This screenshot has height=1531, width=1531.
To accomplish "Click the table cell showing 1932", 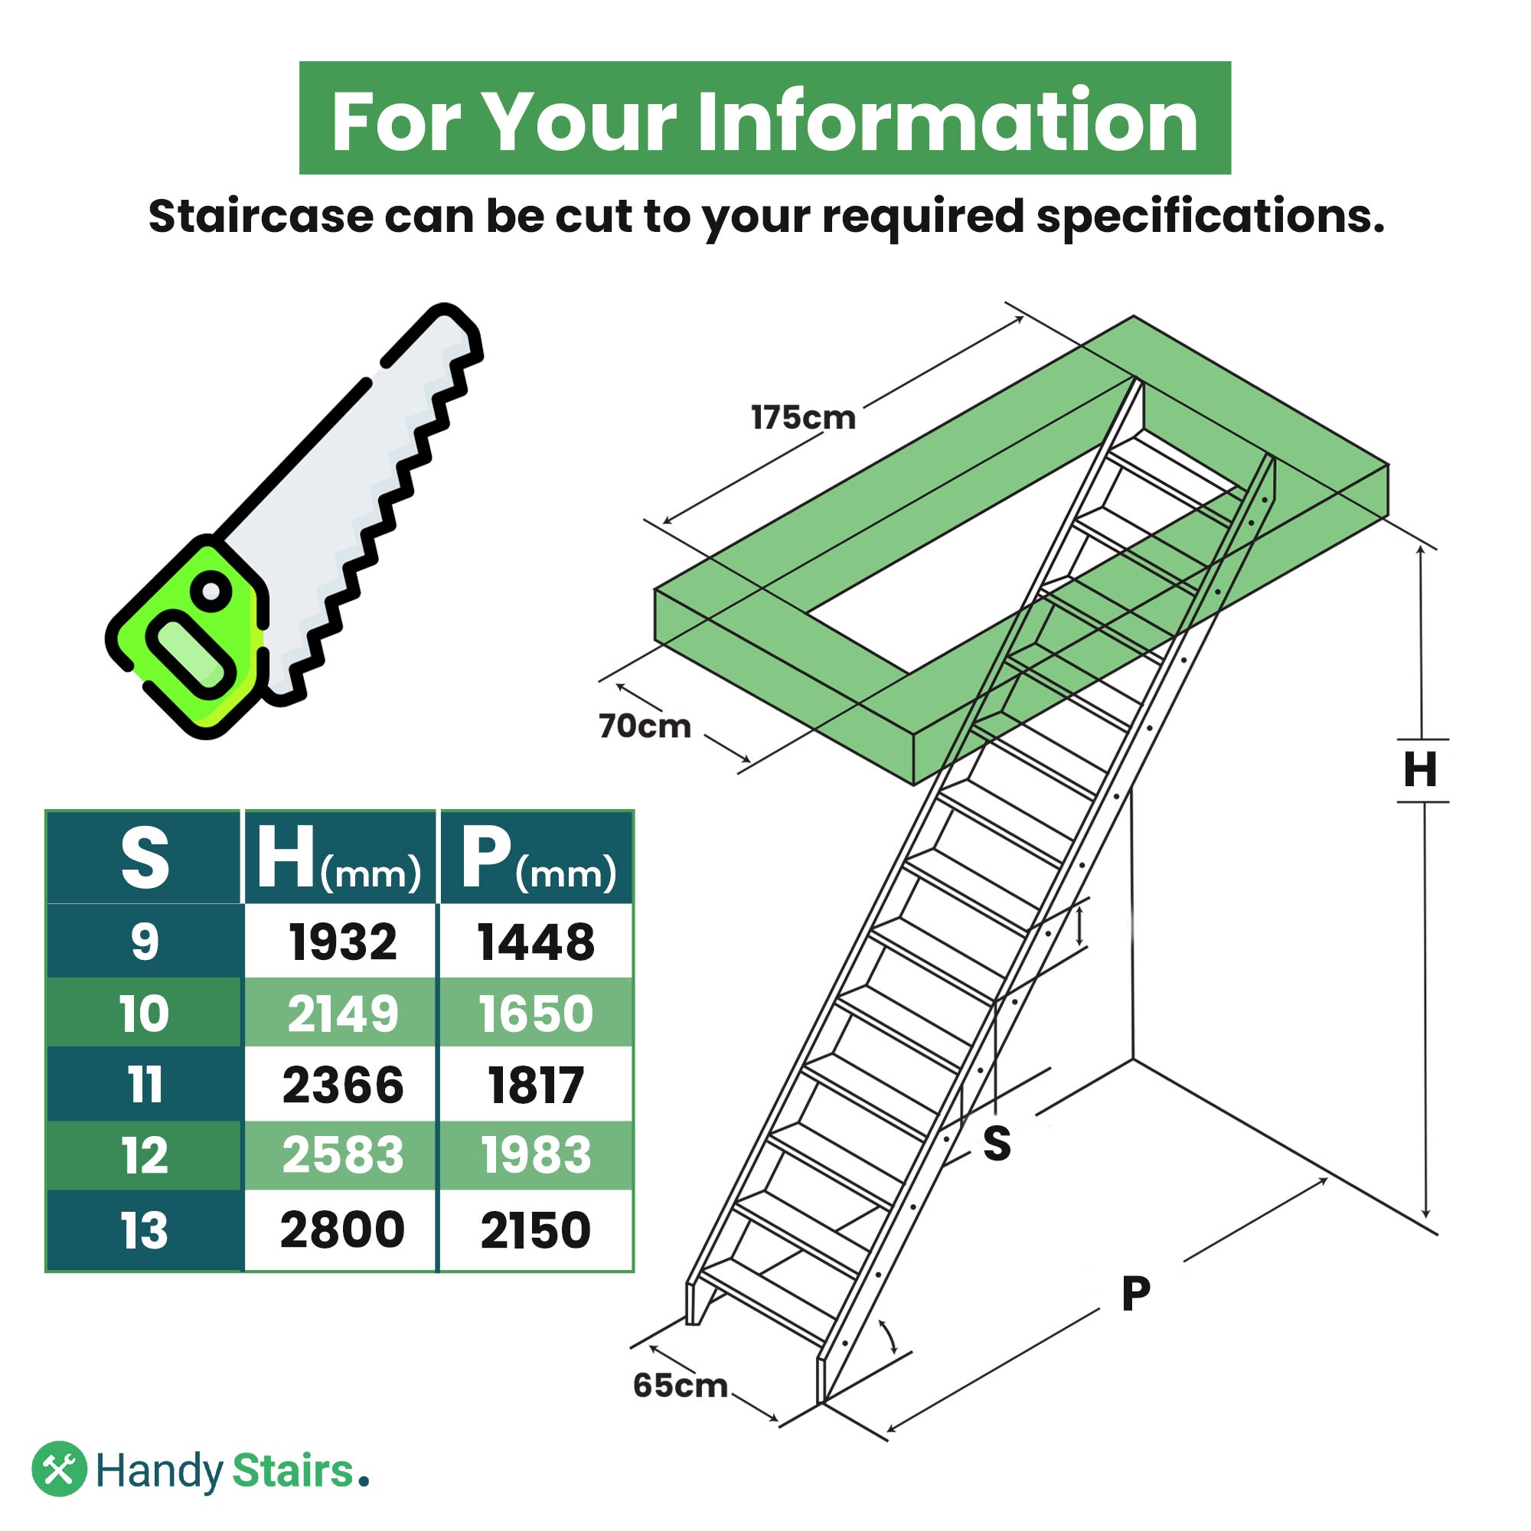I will [342, 942].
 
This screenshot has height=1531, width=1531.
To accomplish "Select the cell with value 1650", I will [536, 1014].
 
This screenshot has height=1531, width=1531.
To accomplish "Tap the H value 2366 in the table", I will [342, 1085].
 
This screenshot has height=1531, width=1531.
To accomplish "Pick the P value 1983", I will [536, 1154].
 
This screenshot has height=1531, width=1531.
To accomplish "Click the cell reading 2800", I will [342, 1229].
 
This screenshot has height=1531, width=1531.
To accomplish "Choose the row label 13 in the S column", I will [144, 1231].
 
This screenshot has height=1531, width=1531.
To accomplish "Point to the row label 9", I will [144, 942].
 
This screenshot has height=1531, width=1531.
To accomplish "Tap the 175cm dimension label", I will [803, 418].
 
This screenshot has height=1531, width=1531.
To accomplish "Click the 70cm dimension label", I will [645, 726].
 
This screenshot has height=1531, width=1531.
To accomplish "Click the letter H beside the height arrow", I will [1420, 769].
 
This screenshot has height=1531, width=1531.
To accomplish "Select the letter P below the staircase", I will [1135, 1294].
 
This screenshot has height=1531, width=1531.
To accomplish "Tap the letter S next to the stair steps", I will [996, 1144].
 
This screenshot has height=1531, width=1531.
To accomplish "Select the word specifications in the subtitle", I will [1210, 217].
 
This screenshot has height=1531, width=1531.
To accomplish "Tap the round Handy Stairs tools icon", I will [60, 1468].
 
